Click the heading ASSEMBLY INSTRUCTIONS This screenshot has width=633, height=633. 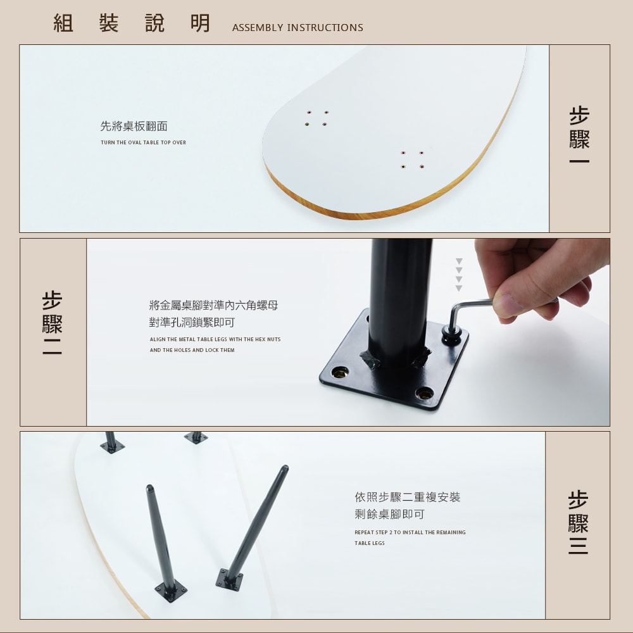(x=298, y=27)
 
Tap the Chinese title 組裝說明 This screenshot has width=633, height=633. (x=132, y=23)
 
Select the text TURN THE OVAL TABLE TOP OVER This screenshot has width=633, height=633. (x=143, y=142)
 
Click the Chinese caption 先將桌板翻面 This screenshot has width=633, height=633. (x=134, y=127)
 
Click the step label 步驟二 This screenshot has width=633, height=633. (x=52, y=323)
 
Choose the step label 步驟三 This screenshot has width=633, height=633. (x=578, y=522)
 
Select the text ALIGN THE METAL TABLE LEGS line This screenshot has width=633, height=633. (x=215, y=339)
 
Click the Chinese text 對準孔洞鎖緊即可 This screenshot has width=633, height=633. (x=192, y=323)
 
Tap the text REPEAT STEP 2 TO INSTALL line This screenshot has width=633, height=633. (x=410, y=532)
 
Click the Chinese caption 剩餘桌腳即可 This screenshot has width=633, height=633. (x=389, y=514)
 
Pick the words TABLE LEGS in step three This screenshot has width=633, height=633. (x=370, y=543)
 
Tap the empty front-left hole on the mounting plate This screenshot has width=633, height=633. (x=340, y=372)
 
